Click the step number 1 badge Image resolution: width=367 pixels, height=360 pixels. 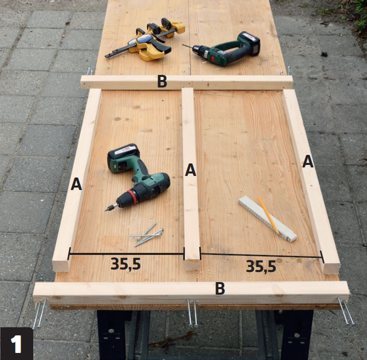pos(17,343)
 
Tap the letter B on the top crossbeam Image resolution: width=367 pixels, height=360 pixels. pos(162,81)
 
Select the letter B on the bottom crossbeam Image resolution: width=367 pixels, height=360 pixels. pos(220,288)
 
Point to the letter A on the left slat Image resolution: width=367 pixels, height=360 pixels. pos(77,184)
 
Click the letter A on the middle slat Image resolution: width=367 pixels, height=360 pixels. pos(190,170)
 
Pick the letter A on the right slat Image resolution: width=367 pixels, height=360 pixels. pos(308,161)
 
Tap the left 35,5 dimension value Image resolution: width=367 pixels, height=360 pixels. pos(126,264)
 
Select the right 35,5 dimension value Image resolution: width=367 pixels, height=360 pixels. pos(261,266)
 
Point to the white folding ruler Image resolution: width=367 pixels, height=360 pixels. pos(267,219)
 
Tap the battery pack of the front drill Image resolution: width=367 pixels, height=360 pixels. pos(123,158)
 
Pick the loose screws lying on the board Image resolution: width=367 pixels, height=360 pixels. pos(146,234)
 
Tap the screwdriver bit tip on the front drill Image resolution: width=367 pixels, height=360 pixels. pos(106,210)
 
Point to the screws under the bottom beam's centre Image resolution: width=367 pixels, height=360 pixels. pos(192,312)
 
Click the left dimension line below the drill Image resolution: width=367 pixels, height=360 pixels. pos(126,253)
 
